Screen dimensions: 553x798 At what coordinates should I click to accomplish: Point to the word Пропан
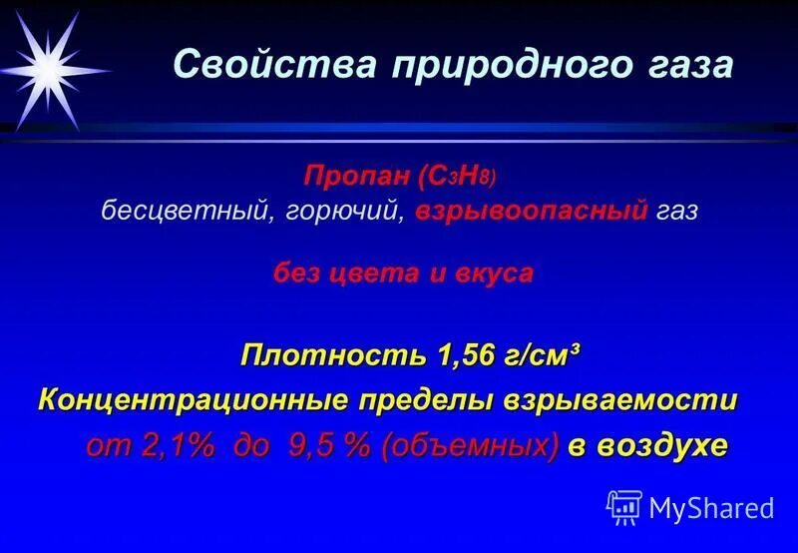(x=352, y=177)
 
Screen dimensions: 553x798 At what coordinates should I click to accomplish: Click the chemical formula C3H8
(x=455, y=178)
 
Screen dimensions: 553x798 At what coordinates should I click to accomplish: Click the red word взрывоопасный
(x=526, y=213)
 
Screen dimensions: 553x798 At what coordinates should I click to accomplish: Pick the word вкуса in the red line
(x=497, y=274)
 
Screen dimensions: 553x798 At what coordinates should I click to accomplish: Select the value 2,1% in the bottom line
(x=179, y=446)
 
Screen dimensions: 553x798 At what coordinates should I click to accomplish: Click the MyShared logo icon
(x=624, y=508)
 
